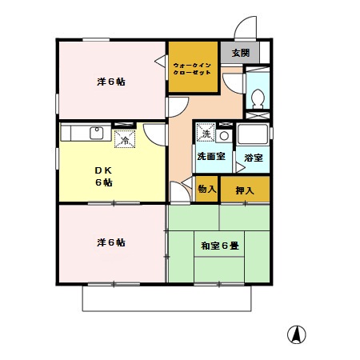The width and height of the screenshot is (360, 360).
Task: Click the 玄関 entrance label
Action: coord(240,53)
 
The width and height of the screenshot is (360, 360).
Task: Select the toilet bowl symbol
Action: coord(258,98)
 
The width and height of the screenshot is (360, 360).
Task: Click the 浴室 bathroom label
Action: coord(253,158)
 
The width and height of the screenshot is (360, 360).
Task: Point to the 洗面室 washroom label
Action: coord(212,158)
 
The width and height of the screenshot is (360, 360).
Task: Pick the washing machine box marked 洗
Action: coord(205,130)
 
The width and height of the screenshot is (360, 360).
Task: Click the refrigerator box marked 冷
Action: coord(125,139)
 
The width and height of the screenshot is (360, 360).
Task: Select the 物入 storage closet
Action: coord(206,190)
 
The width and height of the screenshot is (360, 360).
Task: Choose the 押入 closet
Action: coord(245,190)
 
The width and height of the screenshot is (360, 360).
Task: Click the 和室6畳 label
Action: coord(219,246)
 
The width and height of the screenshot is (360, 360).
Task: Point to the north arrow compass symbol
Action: coord(296,336)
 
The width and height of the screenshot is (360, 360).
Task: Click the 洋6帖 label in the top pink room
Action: coord(111,82)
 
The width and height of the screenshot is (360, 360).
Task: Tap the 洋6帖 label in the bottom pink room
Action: coord(111,242)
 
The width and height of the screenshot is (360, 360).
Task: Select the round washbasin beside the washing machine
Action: coord(225,136)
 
